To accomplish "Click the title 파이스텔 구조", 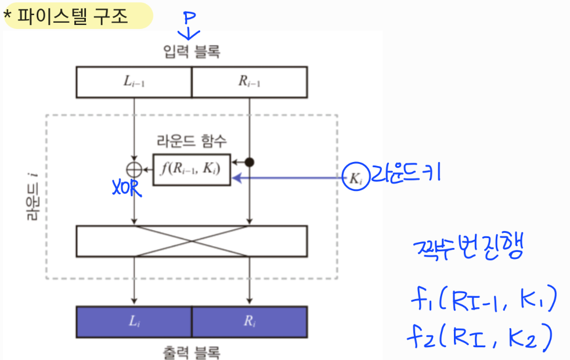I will tap(73, 16).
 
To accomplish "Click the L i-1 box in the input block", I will tap(134, 82).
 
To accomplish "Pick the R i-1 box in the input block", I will tap(250, 82).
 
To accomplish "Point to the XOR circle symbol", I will tap(134, 169).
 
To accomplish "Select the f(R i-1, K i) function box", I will tap(192, 170).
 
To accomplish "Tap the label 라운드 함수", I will tap(192, 141).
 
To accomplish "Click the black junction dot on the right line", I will tap(250, 161).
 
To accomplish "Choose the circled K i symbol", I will tap(353, 178).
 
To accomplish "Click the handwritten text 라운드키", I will tap(403, 176).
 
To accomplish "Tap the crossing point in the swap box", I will tap(192, 241).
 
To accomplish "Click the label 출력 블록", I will tap(192, 351).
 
